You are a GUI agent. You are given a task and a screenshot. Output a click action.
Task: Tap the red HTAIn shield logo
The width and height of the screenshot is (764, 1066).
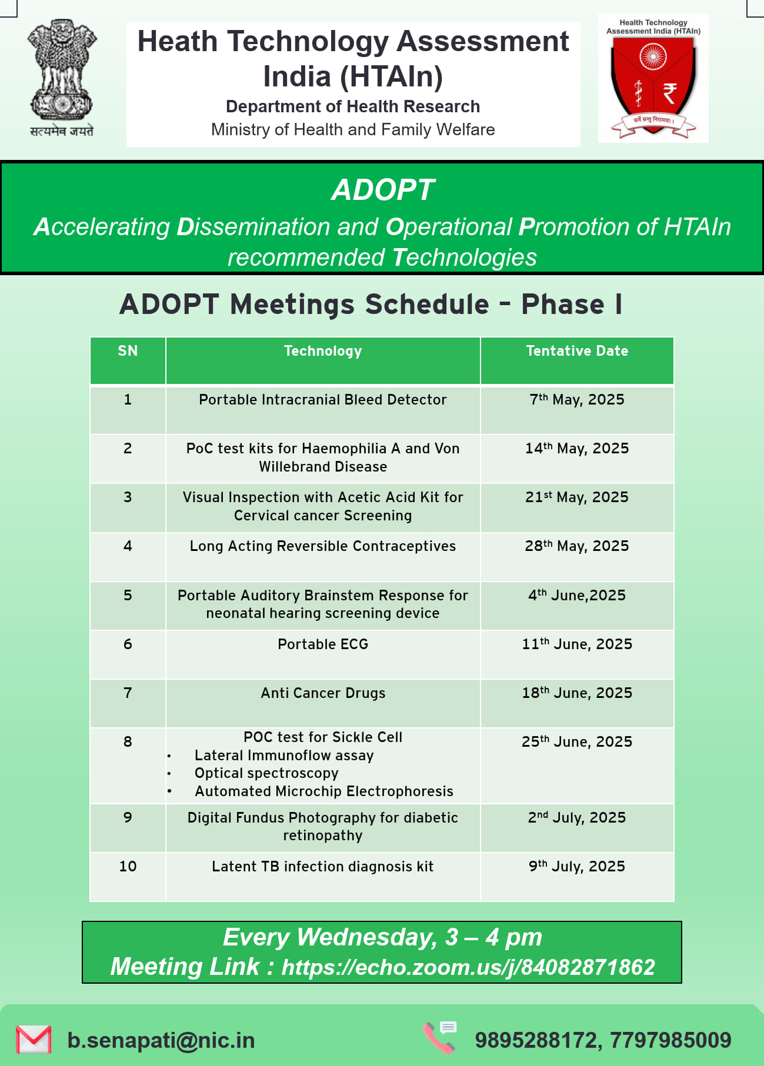[x=653, y=88]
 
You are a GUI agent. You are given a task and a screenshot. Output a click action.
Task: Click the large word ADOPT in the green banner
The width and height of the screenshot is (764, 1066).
[x=383, y=190]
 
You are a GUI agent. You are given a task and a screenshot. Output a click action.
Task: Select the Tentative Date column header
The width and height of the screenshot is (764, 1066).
[x=577, y=351]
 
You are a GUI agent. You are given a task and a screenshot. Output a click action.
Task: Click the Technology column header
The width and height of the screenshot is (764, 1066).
[x=323, y=351]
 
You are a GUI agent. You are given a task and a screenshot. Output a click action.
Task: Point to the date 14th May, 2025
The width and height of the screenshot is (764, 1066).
[x=577, y=448]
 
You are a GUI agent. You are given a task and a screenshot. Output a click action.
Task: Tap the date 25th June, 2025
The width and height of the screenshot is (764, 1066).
[x=577, y=741]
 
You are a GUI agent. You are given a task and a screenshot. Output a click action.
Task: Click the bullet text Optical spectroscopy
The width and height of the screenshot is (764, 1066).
[x=266, y=773]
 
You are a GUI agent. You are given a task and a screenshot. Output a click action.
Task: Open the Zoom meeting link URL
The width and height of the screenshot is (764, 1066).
[x=468, y=967]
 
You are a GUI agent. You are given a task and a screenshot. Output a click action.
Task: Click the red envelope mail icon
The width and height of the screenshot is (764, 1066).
[x=34, y=1040]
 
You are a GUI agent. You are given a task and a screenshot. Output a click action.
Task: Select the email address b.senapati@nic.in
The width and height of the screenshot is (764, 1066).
[x=161, y=1040]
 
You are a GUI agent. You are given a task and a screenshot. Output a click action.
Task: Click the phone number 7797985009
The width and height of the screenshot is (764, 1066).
[x=670, y=1040]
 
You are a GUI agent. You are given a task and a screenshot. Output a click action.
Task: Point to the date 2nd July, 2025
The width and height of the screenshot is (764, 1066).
[x=577, y=817]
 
